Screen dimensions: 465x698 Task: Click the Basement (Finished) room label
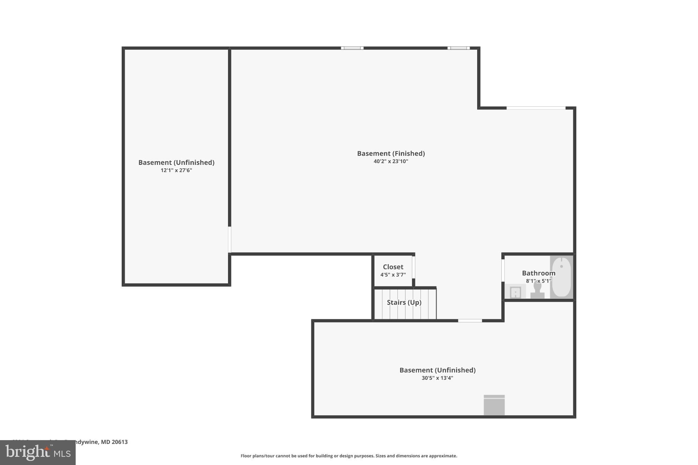pyautogui.click(x=391, y=153)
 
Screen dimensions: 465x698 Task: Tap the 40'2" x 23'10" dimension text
pyautogui.click(x=391, y=161)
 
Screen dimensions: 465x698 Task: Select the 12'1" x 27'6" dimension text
pyautogui.click(x=176, y=170)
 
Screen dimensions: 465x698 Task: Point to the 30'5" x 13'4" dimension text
pyautogui.click(x=437, y=378)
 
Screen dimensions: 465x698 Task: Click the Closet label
pyautogui.click(x=393, y=267)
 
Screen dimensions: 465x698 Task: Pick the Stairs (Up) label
pyautogui.click(x=404, y=303)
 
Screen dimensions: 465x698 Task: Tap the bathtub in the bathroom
pyautogui.click(x=561, y=277)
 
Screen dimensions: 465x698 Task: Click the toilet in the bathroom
pyautogui.click(x=537, y=291)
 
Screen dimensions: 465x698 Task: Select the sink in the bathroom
pyautogui.click(x=515, y=292)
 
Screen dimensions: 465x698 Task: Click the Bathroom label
pyautogui.click(x=538, y=273)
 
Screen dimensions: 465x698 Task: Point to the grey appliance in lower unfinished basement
pyautogui.click(x=494, y=405)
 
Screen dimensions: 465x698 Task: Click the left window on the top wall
pyautogui.click(x=352, y=48)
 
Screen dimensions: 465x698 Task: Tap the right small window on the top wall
pyautogui.click(x=458, y=48)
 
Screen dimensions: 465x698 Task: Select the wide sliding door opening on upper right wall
pyautogui.click(x=536, y=108)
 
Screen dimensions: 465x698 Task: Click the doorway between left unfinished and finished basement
pyautogui.click(x=230, y=239)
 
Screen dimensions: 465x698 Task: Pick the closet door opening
pyautogui.click(x=413, y=267)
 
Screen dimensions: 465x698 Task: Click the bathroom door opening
pyautogui.click(x=503, y=270)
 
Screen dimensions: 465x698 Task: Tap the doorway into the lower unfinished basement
pyautogui.click(x=470, y=321)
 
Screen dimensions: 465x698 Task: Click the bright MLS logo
pyautogui.click(x=38, y=453)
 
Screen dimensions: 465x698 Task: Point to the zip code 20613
pyautogui.click(x=120, y=442)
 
